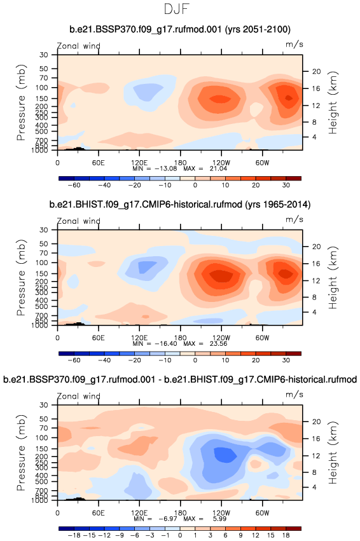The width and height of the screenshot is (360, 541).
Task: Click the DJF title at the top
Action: [x=177, y=9]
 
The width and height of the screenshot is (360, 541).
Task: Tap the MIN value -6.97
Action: [x=168, y=519]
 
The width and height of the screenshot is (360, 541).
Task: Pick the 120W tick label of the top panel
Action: [x=221, y=163]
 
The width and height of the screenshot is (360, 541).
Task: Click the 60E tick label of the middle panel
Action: [x=98, y=338]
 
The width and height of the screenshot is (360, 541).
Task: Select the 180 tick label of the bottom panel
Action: [x=180, y=512]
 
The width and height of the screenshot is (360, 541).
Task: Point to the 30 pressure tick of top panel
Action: [x=43, y=55]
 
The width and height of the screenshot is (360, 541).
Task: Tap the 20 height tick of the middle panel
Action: [x=317, y=247]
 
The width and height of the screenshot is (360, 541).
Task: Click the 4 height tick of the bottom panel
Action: [x=314, y=487]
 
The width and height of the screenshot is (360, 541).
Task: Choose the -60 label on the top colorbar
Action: [x=74, y=185]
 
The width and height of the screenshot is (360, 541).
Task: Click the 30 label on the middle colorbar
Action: [x=286, y=360]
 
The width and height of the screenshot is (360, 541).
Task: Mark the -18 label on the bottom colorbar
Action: [x=74, y=535]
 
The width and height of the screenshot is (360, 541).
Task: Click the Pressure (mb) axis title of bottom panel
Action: [x=21, y=453]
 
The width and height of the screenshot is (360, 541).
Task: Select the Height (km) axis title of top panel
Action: [x=333, y=102]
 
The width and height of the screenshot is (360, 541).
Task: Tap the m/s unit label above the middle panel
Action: [x=294, y=219]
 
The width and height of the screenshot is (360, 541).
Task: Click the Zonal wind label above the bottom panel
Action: [x=79, y=396]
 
